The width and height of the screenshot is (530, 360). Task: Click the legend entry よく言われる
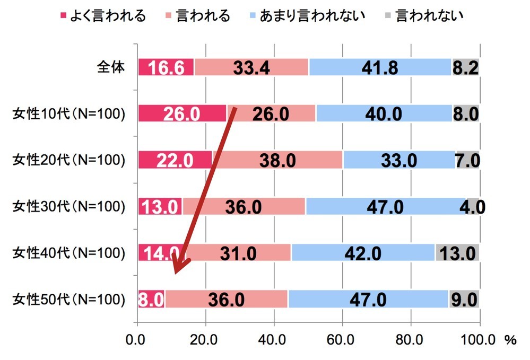coord(103,15)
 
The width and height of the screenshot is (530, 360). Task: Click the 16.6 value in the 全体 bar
coord(166,68)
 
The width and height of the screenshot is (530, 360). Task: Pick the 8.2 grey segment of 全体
coord(465,68)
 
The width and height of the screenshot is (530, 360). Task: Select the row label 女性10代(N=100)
coord(68,114)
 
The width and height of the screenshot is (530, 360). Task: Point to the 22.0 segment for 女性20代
coord(175,160)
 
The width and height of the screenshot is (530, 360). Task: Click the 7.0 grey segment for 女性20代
coord(467,160)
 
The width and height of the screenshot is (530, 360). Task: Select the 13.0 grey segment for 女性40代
coord(457,253)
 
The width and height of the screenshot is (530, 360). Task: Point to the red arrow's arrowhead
coord(179,268)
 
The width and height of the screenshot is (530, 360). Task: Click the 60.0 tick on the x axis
coord(342,340)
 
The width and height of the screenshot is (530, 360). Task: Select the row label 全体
coord(110,68)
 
